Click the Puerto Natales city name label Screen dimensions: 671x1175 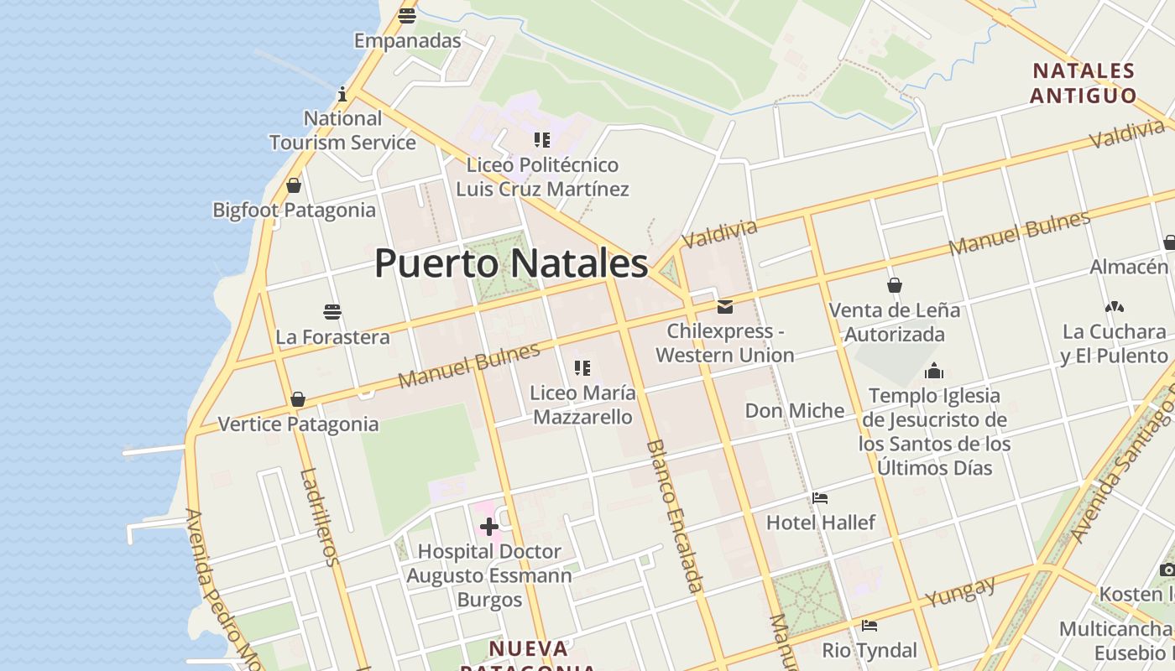coord(511,263)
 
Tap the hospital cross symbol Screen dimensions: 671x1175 coord(489,527)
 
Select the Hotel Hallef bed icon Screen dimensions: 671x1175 coord(820,498)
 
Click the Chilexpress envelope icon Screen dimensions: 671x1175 coord(724,307)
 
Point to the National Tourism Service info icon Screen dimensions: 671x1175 coord(342,93)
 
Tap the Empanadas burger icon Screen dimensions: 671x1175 coord(407,15)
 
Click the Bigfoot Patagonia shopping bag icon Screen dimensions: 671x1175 coord(294,185)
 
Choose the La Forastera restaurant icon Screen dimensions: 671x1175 coord(332,313)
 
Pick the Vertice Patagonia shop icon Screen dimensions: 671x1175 coord(298,399)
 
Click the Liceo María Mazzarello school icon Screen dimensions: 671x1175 coord(582,367)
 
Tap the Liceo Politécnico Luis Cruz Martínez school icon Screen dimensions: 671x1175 coord(542,140)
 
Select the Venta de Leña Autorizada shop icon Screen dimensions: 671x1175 coord(895,285)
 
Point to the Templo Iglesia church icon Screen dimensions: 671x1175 coord(934,371)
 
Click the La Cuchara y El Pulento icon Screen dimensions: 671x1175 coord(1115,308)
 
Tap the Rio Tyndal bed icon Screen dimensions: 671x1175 coord(869,626)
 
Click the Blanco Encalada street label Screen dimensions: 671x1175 coord(673,515)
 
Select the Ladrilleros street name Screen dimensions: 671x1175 coord(319,517)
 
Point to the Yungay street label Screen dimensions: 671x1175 coord(960,591)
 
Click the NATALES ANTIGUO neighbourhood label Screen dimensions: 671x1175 coord(1083,83)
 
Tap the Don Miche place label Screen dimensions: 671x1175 coord(795,411)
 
